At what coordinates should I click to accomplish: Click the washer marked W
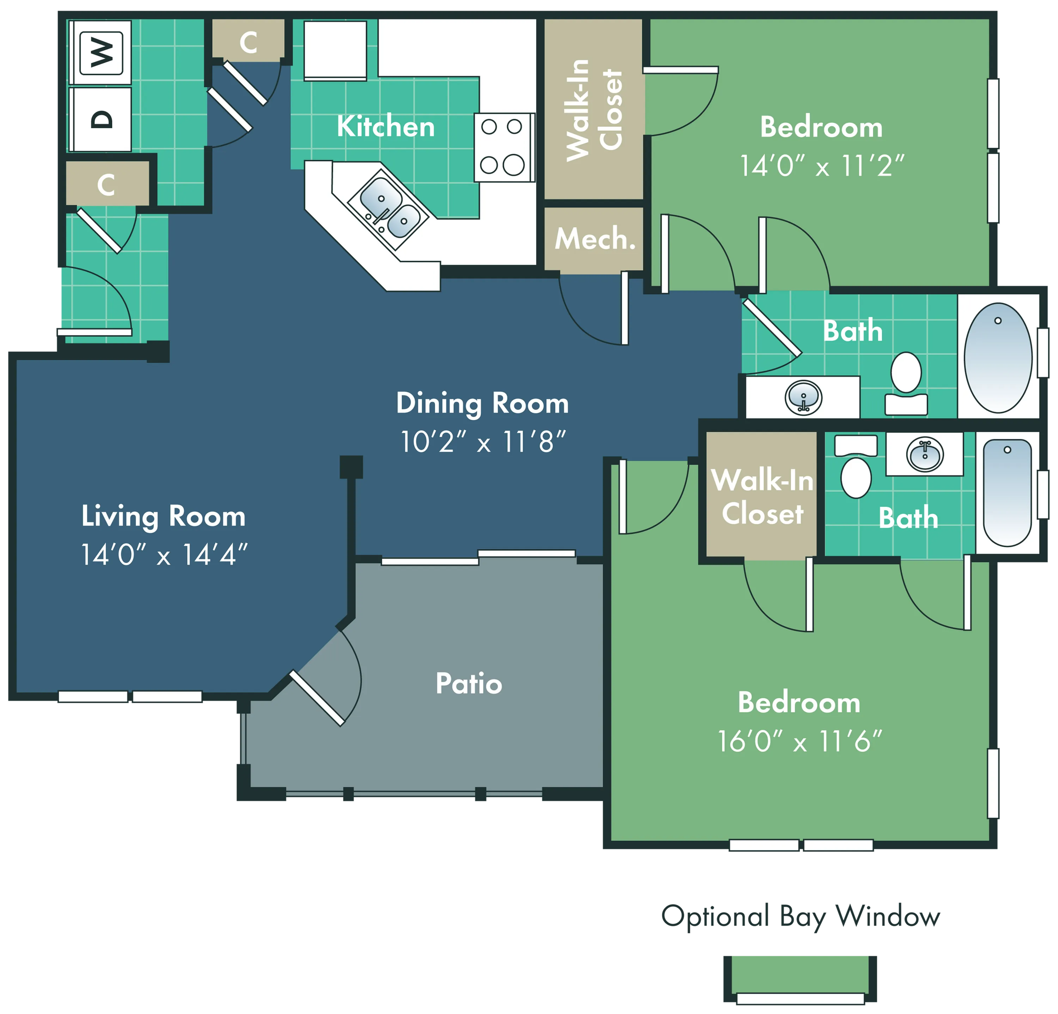click(x=101, y=52)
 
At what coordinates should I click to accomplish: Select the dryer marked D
click(x=101, y=119)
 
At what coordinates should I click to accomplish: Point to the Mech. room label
click(x=595, y=239)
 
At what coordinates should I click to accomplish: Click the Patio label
click(x=469, y=684)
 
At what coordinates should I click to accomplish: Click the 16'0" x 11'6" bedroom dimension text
click(x=799, y=741)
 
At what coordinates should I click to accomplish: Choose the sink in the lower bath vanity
click(x=925, y=454)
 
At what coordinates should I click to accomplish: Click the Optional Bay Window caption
click(x=801, y=917)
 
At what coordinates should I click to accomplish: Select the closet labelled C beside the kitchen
click(x=248, y=41)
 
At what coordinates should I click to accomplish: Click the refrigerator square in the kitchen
click(x=335, y=50)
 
